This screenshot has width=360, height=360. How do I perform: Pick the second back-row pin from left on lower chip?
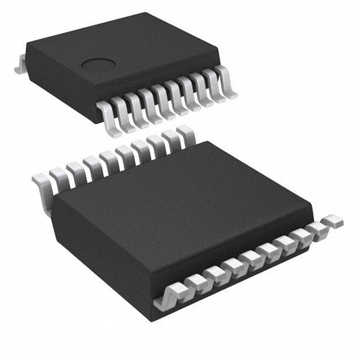(x=59, y=176)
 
